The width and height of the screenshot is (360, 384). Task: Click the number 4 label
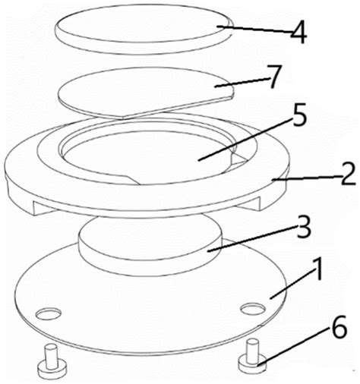[x=298, y=33]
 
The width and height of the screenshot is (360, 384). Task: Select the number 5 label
[x=298, y=115]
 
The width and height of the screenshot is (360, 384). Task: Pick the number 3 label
[x=304, y=227]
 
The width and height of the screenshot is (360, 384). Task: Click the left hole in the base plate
[x=49, y=314]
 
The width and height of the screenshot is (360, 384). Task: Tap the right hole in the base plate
[x=253, y=309]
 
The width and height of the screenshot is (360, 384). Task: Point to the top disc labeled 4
[x=144, y=29]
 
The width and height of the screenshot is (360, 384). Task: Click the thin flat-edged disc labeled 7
[x=146, y=93]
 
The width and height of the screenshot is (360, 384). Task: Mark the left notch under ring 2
[x=45, y=207]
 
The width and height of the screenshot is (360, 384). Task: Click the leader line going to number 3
[x=252, y=238]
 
